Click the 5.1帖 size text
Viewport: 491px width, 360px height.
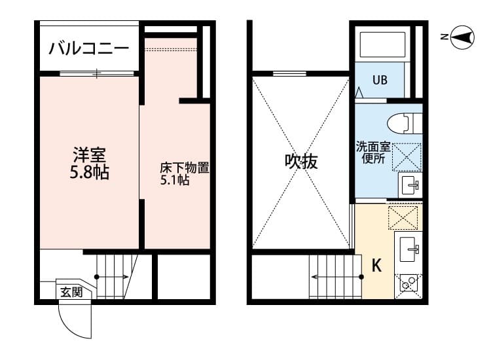175,180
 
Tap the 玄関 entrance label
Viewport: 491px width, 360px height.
71,292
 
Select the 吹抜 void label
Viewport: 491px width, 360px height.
301,162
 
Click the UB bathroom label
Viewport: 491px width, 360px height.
380,81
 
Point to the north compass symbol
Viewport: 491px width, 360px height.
463,37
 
